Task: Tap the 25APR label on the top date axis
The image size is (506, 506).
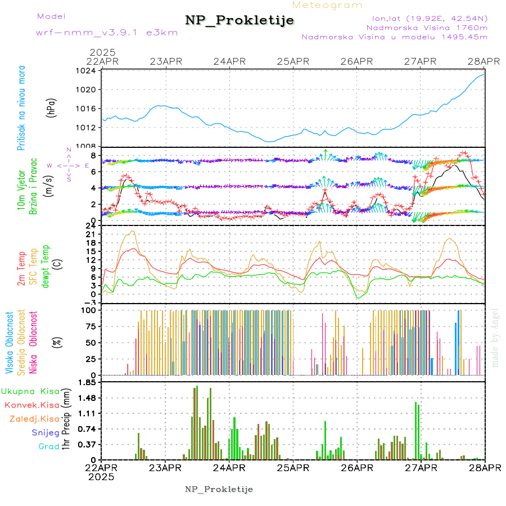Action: pos(292,61)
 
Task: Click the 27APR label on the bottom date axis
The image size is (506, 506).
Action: pos(421,467)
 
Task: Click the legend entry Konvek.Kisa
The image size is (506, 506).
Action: pos(31,405)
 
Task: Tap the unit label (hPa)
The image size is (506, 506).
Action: pos(51,108)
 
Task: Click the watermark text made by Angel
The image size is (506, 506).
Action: pos(495,337)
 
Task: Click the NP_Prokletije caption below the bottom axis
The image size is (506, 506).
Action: pos(219,489)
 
